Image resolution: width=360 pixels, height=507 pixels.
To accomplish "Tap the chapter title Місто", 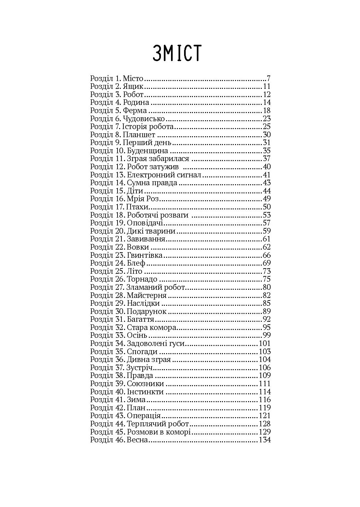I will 133,79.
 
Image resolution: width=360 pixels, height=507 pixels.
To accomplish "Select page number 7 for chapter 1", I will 269,79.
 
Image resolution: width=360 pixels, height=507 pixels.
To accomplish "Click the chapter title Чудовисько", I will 144,119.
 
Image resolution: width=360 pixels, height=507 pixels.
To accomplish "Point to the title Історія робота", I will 148,127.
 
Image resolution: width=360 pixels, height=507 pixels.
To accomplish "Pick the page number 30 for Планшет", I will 267,135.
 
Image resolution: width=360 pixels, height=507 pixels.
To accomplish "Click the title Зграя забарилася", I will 158,159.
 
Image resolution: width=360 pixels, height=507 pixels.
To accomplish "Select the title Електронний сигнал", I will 164,175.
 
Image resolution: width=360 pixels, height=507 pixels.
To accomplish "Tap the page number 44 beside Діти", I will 267,191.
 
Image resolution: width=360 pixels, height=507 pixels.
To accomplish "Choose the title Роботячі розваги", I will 158,215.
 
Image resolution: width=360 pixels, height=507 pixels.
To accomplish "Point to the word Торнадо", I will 142,279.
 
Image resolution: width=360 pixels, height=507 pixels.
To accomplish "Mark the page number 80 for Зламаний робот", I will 267,287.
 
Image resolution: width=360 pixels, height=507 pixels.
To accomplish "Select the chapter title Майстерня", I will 147,295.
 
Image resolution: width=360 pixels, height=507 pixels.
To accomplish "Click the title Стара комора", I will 151,327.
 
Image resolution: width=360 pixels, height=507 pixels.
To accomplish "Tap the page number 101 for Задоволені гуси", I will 265,344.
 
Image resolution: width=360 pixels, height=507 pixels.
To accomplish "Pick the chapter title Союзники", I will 145,384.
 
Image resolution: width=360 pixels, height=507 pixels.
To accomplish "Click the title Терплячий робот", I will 158,424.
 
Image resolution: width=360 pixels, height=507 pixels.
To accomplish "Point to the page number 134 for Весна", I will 265,440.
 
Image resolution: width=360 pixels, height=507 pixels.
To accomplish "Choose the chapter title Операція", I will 144,416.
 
